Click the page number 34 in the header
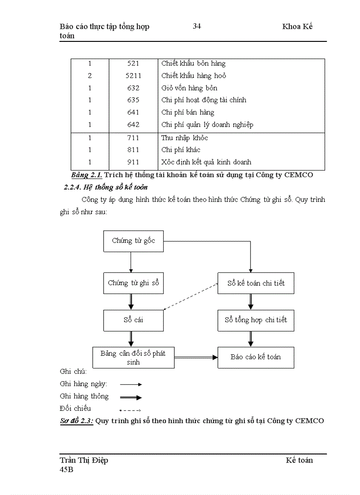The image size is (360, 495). tap(197, 26)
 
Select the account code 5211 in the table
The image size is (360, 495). tap(133, 76)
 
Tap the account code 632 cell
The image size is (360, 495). tap(133, 88)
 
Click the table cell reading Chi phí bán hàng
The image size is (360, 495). tap(188, 112)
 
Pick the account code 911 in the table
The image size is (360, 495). tap(133, 162)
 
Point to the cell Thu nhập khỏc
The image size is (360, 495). tap(185, 138)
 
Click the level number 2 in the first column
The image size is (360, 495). tap(90, 76)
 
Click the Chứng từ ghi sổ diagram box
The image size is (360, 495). tap(133, 283)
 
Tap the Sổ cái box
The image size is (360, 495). tap(133, 320)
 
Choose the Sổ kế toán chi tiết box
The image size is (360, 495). tap(256, 283)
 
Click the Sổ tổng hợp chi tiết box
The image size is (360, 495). tap(256, 320)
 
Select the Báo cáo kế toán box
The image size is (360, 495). tap(256, 357)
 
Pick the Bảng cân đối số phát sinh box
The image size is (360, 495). tap(133, 357)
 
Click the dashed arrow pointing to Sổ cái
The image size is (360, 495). tap(191, 297)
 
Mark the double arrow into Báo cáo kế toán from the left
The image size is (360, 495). tap(196, 357)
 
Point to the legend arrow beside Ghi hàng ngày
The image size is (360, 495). tap(131, 384)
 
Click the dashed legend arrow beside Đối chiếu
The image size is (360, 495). tap(130, 410)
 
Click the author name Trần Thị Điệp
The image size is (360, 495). tap(84, 460)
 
